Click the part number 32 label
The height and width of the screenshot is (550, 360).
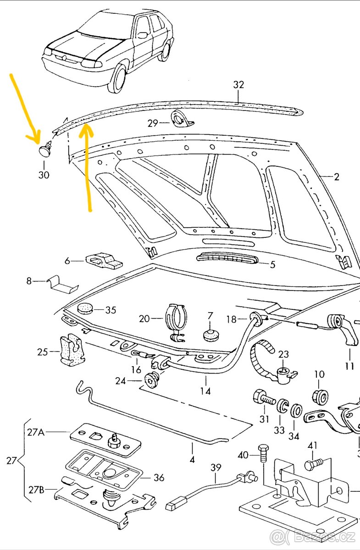point(238,85)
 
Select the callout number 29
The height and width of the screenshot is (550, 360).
point(153,123)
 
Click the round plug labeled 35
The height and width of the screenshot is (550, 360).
point(85,308)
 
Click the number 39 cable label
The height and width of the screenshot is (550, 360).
point(216,467)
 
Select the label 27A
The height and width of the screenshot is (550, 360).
point(36,432)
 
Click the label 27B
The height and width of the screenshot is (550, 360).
point(35,489)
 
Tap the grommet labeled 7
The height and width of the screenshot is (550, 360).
point(210,335)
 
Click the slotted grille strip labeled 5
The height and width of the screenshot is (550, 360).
point(227,260)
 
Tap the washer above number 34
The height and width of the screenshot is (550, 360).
point(296,408)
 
